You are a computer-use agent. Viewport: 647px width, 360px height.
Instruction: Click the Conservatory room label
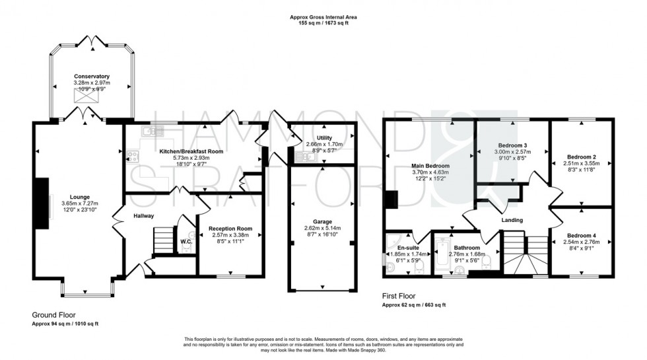click(92, 77)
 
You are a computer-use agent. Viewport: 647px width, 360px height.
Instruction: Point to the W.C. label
click(186, 241)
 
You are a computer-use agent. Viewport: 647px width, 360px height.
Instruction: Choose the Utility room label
click(324, 137)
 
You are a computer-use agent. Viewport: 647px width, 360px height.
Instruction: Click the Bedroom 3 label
click(512, 145)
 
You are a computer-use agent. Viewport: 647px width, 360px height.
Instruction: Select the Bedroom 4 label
click(582, 236)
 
